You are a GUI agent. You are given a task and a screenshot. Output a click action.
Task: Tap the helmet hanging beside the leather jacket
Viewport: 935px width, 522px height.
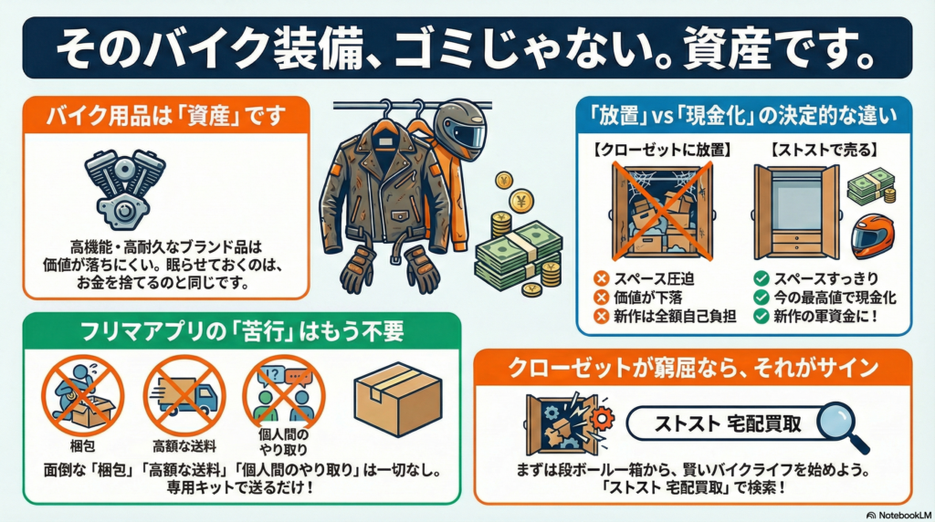tap(460, 130)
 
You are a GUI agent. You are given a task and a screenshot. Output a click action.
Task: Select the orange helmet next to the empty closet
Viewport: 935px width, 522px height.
tap(872, 236)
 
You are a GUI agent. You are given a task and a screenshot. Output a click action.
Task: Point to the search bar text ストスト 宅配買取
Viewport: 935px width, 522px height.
tap(728, 423)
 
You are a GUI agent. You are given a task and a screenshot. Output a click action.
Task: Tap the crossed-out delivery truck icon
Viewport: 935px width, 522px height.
tap(184, 396)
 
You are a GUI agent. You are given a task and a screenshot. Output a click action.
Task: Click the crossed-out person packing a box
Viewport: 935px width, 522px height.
tap(82, 396)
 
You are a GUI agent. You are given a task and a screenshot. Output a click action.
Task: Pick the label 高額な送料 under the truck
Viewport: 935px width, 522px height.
tap(184, 446)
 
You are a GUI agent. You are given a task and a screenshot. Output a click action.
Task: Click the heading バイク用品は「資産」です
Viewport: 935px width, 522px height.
tap(166, 115)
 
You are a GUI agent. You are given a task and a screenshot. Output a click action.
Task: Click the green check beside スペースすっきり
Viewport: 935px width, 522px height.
tap(761, 278)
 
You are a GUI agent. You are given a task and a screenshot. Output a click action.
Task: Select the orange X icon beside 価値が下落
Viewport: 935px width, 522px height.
tap(602, 298)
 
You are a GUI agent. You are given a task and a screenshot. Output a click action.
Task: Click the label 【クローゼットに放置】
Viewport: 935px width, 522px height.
tap(662, 150)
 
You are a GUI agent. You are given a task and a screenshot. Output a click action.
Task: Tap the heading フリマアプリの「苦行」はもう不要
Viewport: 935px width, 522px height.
tap(242, 331)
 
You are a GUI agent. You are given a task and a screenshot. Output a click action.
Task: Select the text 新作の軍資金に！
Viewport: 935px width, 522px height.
tap(826, 316)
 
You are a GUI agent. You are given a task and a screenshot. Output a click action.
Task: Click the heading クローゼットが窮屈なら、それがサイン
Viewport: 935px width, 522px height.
tap(693, 368)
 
